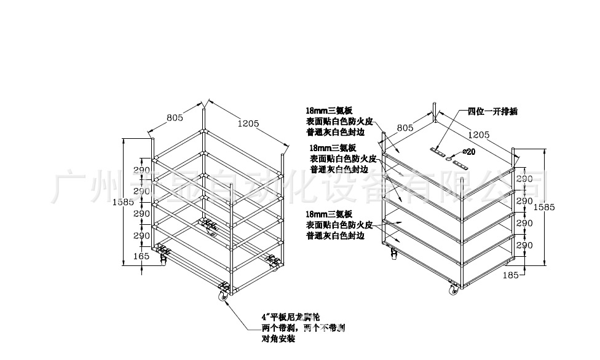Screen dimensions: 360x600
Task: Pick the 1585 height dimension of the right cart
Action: tap(544, 208)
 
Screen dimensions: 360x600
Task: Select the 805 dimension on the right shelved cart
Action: tap(404, 128)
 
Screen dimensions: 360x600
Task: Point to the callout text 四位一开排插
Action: tap(492, 111)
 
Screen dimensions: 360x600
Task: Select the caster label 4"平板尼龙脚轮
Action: tap(291, 318)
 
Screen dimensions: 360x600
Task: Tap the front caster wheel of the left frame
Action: tap(224, 295)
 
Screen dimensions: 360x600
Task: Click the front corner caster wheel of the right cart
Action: tap(454, 289)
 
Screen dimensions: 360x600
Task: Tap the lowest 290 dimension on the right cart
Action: tap(524, 245)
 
